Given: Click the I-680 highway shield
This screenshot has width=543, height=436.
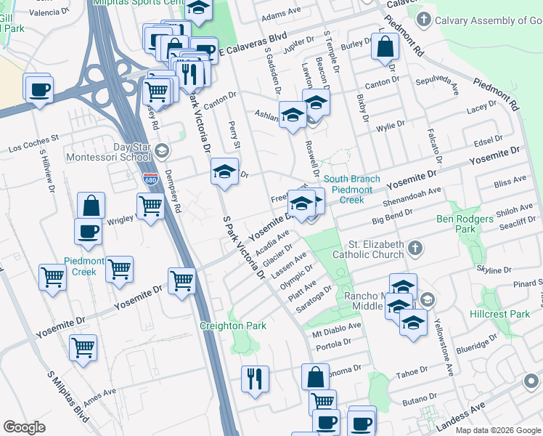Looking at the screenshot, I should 150,179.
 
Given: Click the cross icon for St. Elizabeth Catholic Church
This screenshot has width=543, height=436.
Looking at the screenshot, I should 415,249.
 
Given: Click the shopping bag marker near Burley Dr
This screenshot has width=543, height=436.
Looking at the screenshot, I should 384,47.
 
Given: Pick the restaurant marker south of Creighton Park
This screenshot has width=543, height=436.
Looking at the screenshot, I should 255,379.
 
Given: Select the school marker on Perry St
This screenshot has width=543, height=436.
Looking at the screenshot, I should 225,173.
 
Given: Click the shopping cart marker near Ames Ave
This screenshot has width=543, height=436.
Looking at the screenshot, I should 83,347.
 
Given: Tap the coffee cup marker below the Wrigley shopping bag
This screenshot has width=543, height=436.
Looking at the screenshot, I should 88,232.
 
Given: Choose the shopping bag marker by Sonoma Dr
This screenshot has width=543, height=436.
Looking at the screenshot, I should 316,378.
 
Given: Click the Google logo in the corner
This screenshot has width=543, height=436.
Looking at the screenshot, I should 25,427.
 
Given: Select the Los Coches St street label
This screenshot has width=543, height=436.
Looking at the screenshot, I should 33,143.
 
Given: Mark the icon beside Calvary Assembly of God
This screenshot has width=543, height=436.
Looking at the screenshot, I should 425,20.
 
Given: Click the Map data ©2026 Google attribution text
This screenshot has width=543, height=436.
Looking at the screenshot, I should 497,430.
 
